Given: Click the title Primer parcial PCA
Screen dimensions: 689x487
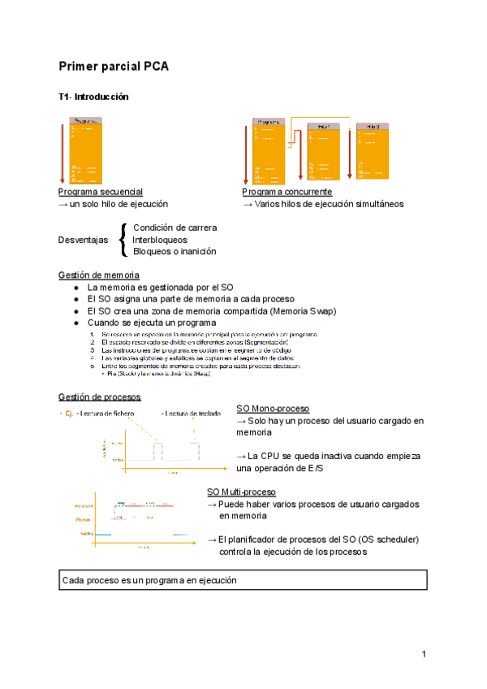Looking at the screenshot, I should coord(113,67).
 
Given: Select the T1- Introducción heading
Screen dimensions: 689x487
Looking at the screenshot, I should coord(93,97).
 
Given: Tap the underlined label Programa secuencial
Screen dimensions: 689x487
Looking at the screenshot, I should coord(100,192).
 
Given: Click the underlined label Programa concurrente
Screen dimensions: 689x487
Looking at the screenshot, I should coord(287,192).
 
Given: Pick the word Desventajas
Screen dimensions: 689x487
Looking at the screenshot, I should coord(83,240).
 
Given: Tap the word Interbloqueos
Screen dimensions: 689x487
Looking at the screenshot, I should coord(159,240).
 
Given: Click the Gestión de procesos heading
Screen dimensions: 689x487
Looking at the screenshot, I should coord(100,396).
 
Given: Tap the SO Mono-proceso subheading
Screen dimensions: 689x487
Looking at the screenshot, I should coord(272,409).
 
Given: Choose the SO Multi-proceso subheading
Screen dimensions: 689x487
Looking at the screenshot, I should coord(241,492).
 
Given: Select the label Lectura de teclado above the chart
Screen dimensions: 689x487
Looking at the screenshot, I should coord(191,414).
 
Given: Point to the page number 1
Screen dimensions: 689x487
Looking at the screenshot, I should coord(424,654).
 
